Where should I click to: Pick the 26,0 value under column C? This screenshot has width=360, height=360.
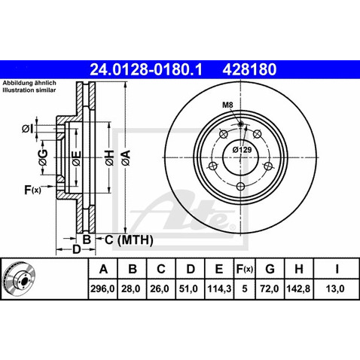click(x=162, y=287)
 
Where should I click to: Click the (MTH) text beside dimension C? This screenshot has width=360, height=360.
click(x=135, y=240)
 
